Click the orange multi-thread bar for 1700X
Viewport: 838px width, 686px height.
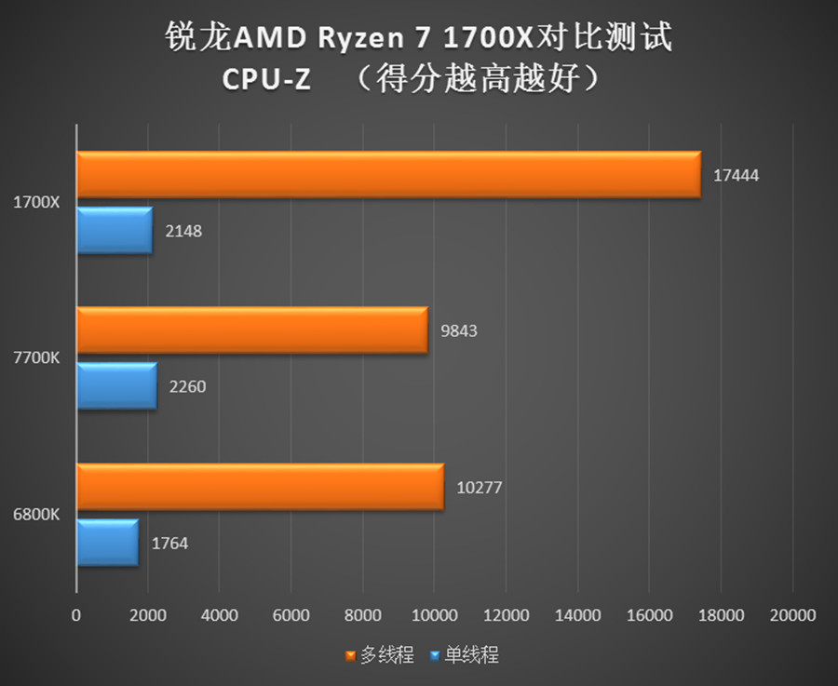point(387,175)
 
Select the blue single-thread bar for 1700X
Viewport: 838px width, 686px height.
point(114,231)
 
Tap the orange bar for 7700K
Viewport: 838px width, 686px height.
point(251,330)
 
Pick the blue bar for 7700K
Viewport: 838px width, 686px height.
point(116,386)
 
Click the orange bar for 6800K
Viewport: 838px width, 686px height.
point(260,487)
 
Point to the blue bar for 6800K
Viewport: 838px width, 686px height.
point(107,543)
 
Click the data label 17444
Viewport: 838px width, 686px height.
point(737,175)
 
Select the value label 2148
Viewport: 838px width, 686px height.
point(183,231)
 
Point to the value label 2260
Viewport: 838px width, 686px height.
point(187,386)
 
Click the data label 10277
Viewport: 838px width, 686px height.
point(480,487)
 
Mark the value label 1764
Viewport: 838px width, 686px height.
point(169,543)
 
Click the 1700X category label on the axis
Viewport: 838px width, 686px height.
point(36,201)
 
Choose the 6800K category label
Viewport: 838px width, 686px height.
point(36,514)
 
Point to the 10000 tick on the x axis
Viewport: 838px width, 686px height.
point(433,615)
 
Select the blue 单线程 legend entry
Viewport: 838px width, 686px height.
point(465,655)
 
